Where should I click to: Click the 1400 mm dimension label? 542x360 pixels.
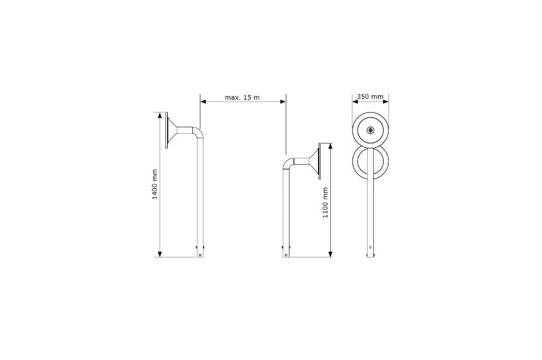click(155, 184)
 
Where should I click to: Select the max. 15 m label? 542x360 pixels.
click(242, 98)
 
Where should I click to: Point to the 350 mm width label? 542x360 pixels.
click(370, 97)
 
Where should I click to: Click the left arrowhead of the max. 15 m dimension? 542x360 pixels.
click(203, 101)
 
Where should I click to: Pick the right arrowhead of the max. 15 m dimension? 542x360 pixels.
click(283, 101)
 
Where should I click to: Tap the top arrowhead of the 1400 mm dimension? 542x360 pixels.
click(160, 115)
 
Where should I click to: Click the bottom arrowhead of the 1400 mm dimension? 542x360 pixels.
click(160, 254)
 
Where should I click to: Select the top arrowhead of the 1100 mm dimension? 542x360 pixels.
click(331, 146)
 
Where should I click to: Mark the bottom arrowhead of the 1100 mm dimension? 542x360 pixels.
click(331, 254)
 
